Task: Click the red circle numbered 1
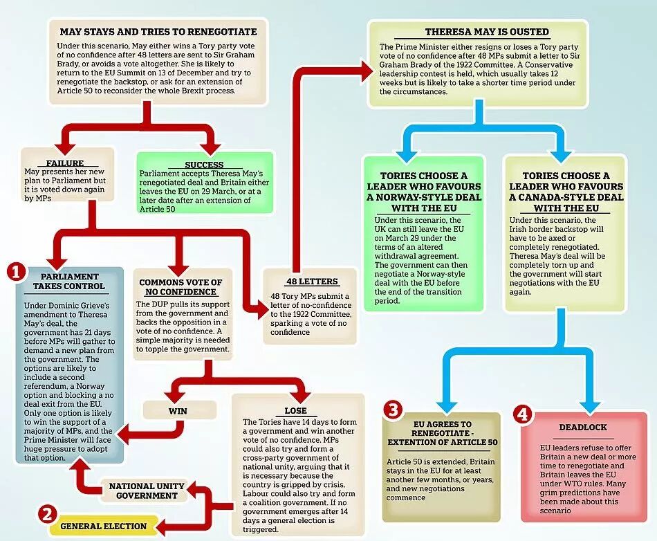point(16,272)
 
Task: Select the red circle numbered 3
point(394,410)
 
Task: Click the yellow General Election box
point(103,526)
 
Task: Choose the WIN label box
point(178,410)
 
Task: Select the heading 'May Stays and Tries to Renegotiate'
point(158,32)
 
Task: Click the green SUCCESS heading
point(204,165)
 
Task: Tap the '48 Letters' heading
point(312,282)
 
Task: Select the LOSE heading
point(295,410)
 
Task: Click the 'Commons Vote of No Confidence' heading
point(181,287)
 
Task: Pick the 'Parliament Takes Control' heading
point(70,281)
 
